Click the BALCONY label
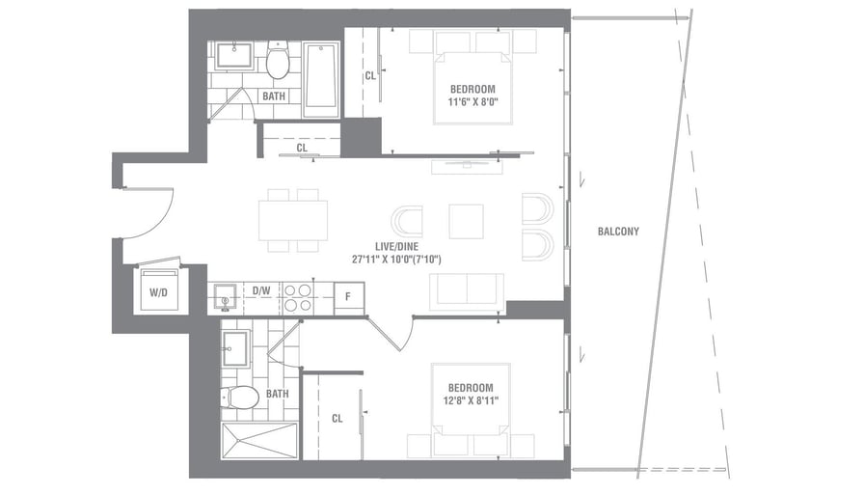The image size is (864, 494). (x=618, y=232)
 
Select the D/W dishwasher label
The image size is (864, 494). (x=260, y=289)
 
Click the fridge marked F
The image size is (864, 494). (x=348, y=296)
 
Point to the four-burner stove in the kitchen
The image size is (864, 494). (x=298, y=297)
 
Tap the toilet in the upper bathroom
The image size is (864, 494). (x=279, y=62)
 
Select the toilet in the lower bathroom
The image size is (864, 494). (x=239, y=397)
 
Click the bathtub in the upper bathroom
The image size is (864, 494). (x=321, y=79)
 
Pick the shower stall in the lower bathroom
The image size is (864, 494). (x=259, y=441)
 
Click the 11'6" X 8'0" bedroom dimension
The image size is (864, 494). (x=472, y=102)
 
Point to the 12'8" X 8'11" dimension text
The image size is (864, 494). (x=472, y=401)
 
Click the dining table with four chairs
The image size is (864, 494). (x=293, y=220)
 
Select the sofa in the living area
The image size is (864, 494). (x=467, y=290)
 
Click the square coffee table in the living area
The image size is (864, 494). (x=466, y=221)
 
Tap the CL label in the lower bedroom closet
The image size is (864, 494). (x=337, y=419)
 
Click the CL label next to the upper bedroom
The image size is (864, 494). (x=369, y=75)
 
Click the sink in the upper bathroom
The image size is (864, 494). (x=234, y=56)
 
